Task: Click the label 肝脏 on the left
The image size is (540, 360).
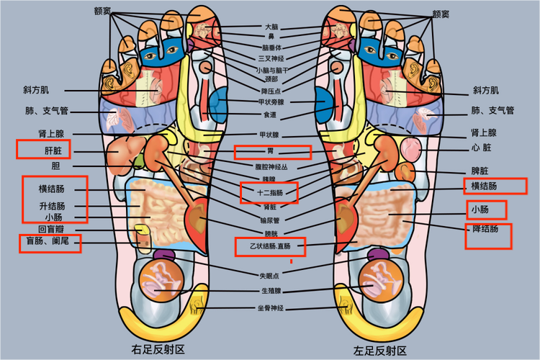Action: coord(53,151)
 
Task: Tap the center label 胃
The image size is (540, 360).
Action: coord(271,152)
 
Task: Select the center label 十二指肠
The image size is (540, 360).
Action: coord(270,193)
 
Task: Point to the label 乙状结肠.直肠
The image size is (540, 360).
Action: coord(270,247)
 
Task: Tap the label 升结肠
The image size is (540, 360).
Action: coord(52,206)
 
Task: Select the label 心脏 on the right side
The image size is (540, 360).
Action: coord(481,148)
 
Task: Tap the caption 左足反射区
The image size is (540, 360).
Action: coord(379,351)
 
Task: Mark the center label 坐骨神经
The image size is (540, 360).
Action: coord(271,308)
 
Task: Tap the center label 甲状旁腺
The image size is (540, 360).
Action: coord(271,102)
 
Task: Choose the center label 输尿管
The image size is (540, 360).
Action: coord(271,220)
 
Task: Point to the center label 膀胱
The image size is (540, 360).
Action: coord(271,233)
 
